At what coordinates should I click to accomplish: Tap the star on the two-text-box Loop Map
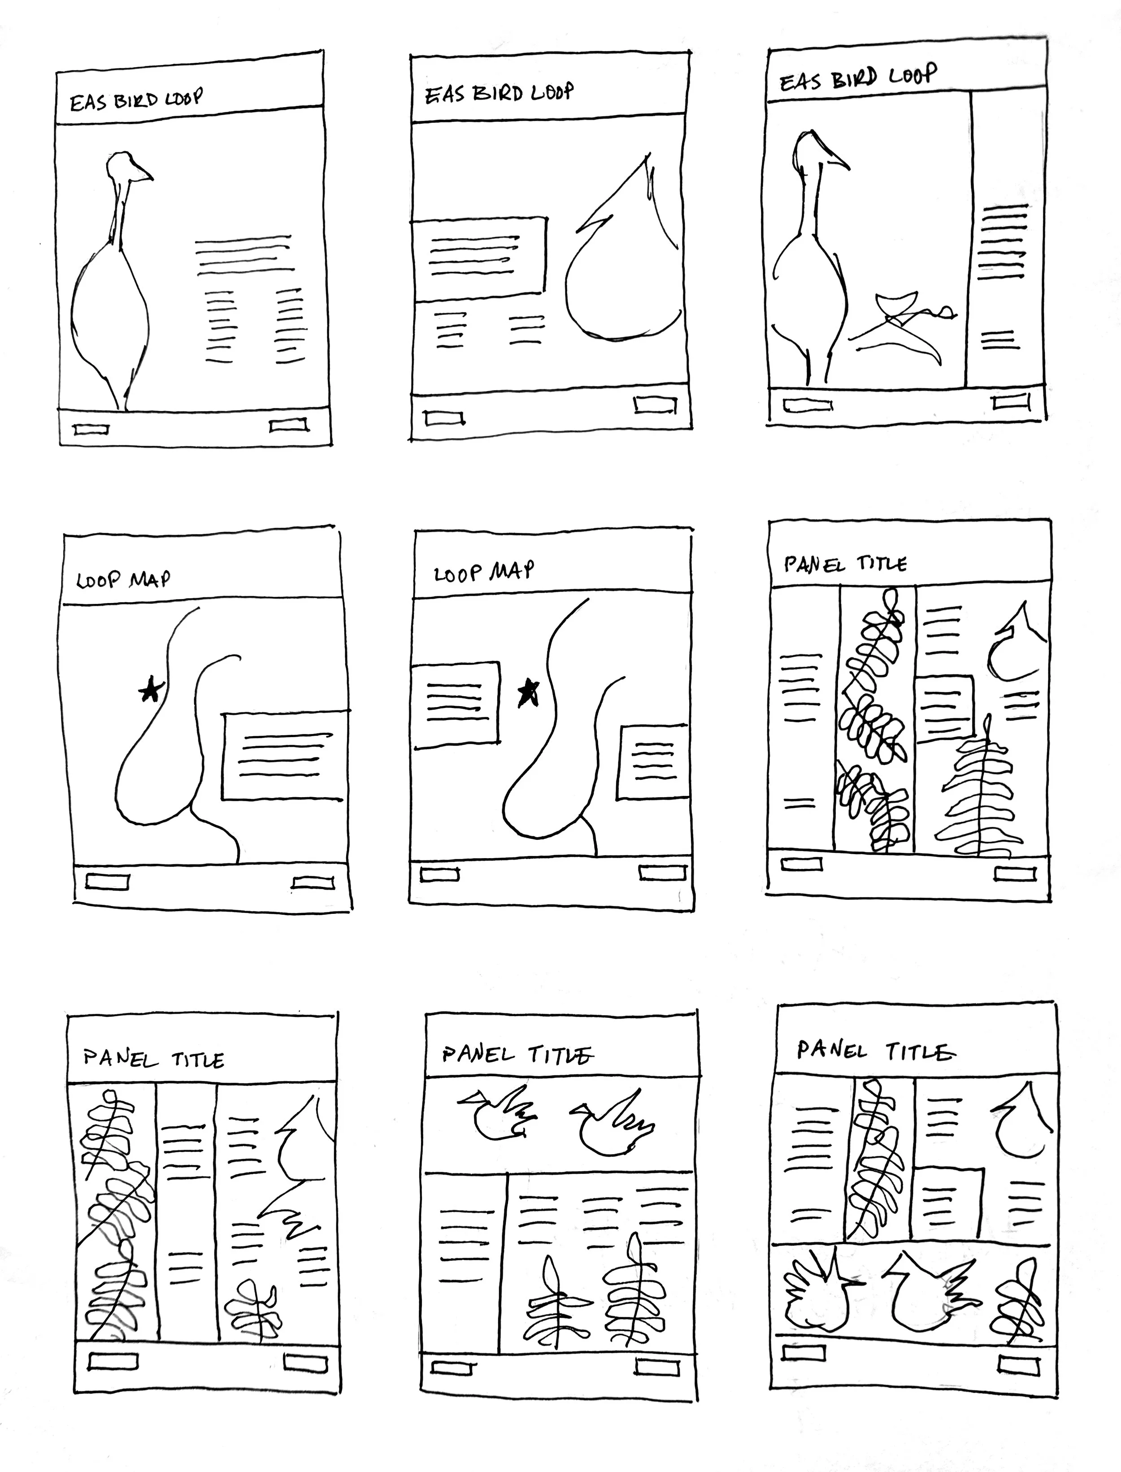pyautogui.click(x=529, y=693)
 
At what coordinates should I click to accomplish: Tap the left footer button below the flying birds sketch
pyautogui.click(x=453, y=1367)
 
